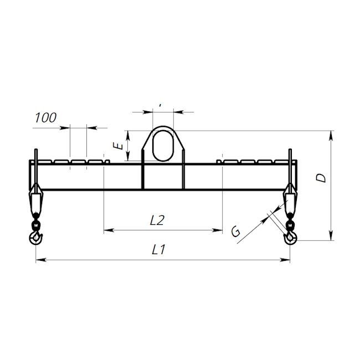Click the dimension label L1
tap(158, 250)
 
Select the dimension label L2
tap(157, 220)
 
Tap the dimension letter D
tap(321, 178)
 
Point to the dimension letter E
tap(118, 146)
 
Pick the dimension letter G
tap(236, 231)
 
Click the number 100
tap(45, 118)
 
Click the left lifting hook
tap(36, 238)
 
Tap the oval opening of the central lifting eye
tap(163, 146)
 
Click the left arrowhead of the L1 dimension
tap(41, 260)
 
